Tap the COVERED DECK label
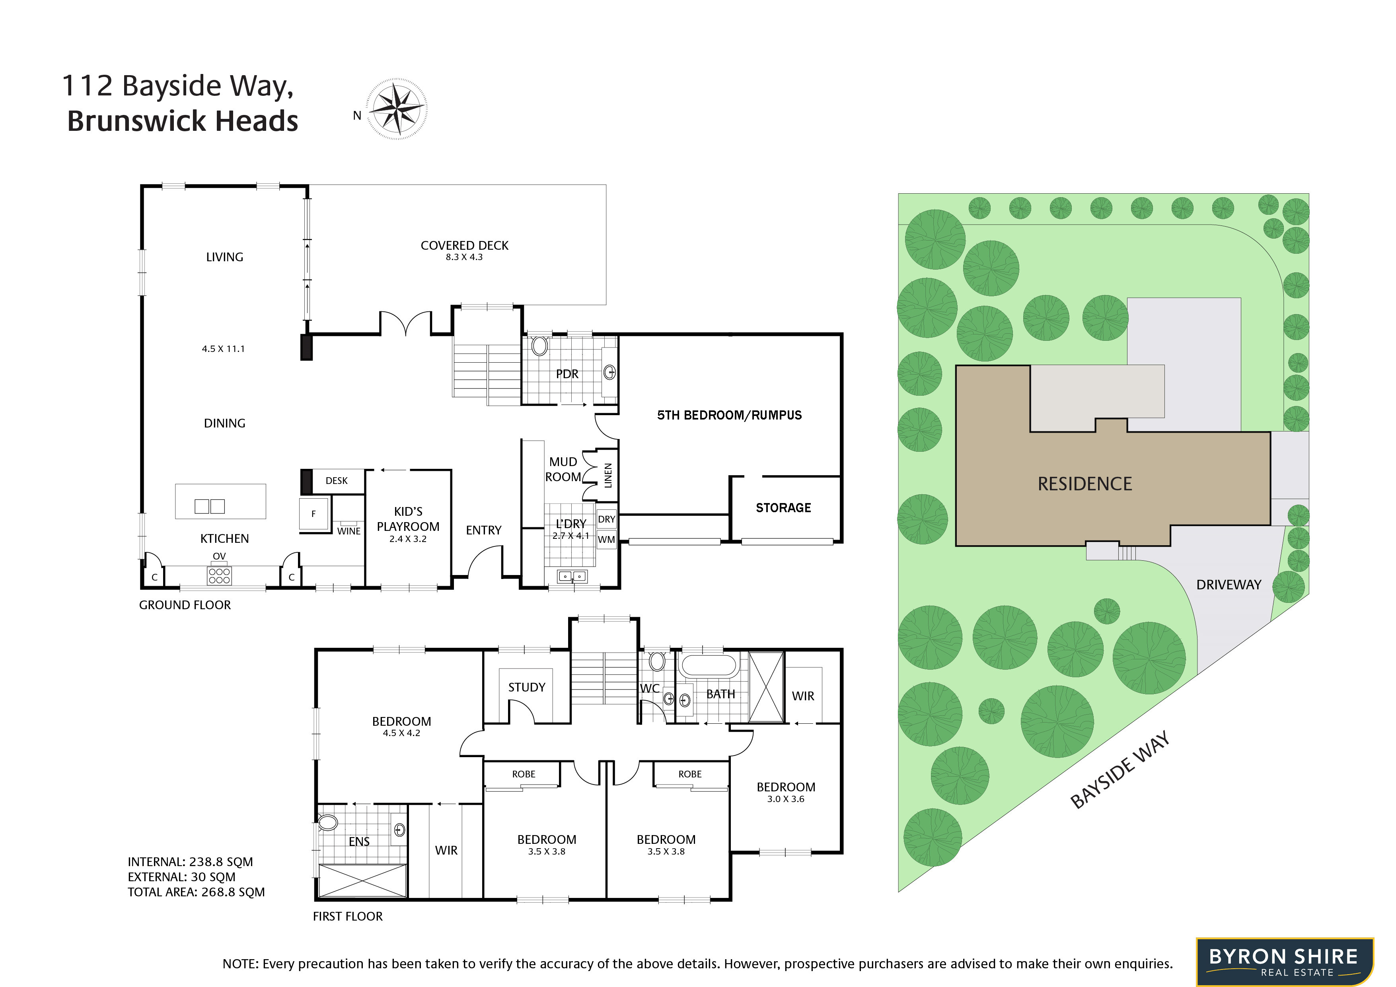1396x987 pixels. click(465, 245)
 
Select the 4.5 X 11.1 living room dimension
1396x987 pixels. click(223, 349)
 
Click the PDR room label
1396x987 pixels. click(567, 374)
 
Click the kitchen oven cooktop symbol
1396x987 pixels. click(219, 575)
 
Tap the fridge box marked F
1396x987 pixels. click(314, 513)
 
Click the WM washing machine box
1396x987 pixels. click(606, 539)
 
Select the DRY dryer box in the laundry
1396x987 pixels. click(606, 519)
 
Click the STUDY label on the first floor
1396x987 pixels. click(527, 688)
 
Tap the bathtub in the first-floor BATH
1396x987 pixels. click(708, 666)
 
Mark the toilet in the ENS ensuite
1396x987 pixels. click(327, 823)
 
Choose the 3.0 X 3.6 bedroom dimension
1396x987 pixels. click(786, 799)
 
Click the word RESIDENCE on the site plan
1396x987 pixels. click(1085, 484)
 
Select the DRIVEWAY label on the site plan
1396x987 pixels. click(1229, 585)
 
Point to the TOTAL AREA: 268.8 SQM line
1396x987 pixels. click(196, 892)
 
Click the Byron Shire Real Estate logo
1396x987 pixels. click(1285, 962)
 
